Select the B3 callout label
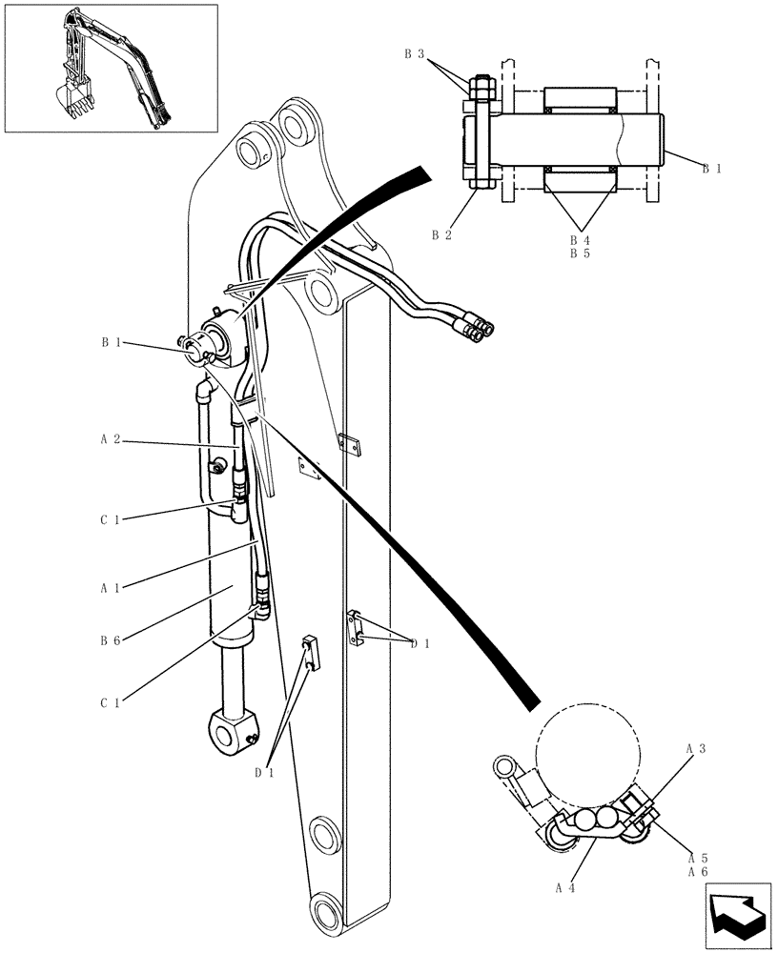click(414, 54)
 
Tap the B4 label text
click(580, 240)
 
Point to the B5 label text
click(580, 254)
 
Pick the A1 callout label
click(110, 587)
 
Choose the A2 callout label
click(110, 440)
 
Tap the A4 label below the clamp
click(565, 887)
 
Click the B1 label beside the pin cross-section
click(711, 169)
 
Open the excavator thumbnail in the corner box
click(111, 68)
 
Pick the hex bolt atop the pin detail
click(481, 87)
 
